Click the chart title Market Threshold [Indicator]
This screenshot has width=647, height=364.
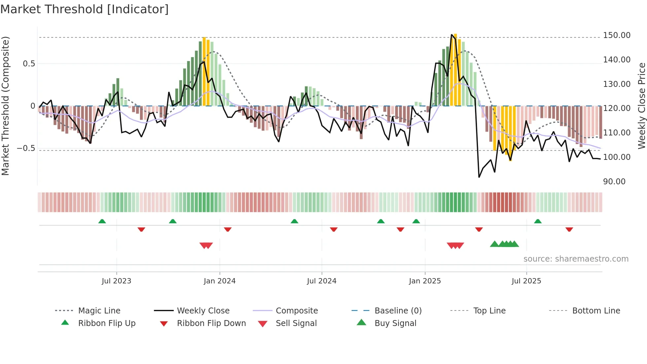(x=85, y=9)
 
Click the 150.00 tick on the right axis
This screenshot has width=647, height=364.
(x=616, y=35)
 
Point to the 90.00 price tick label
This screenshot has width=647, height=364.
(x=614, y=182)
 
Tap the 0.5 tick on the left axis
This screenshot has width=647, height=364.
(x=29, y=64)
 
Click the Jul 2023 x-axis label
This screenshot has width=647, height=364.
(x=116, y=281)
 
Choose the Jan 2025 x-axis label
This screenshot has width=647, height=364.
(x=425, y=281)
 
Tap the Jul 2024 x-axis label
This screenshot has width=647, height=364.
(x=322, y=281)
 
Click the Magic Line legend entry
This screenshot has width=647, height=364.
(x=99, y=311)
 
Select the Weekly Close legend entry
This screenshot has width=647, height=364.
(x=203, y=311)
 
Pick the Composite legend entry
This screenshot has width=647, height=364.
(x=296, y=311)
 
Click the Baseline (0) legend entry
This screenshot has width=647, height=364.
(x=398, y=311)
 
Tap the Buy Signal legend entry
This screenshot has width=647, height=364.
(x=395, y=323)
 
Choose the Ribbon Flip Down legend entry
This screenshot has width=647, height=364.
(x=211, y=323)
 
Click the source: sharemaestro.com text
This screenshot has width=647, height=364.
(x=576, y=259)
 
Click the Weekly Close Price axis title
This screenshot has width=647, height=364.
(x=641, y=106)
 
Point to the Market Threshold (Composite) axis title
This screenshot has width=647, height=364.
(x=5, y=106)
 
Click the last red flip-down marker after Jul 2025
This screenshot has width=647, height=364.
(x=569, y=229)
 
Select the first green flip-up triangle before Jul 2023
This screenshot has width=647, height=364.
(x=102, y=221)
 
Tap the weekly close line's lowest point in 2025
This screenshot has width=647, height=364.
(x=479, y=177)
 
